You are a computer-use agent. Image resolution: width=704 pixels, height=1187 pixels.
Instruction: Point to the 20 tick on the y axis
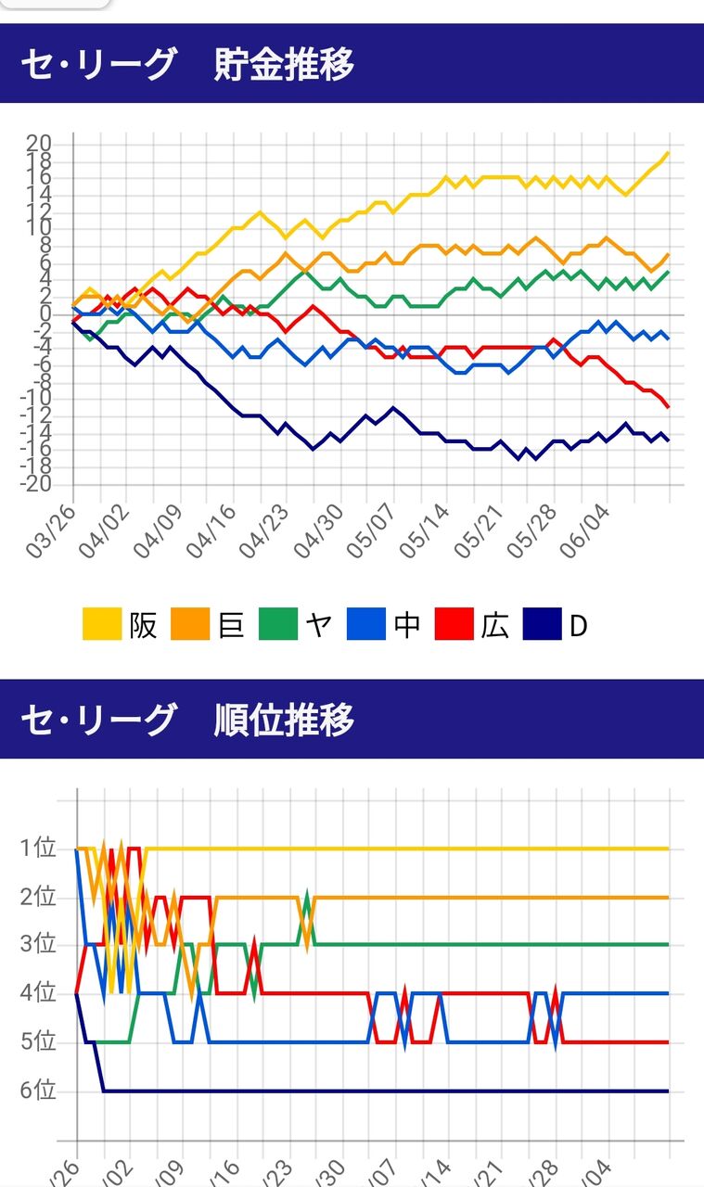(38, 144)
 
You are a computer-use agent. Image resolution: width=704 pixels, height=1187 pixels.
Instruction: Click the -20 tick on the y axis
(34, 486)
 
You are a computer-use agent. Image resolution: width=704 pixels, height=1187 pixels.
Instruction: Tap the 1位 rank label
(37, 849)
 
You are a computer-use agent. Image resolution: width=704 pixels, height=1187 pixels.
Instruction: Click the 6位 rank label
(37, 1091)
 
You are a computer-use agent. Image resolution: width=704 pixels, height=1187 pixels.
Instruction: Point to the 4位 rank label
(37, 993)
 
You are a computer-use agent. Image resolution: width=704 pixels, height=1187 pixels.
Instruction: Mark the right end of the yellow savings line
(668, 153)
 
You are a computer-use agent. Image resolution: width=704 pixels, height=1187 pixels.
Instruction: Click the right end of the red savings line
(668, 407)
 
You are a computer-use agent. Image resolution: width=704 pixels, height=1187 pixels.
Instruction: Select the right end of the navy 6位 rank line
(668, 1091)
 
